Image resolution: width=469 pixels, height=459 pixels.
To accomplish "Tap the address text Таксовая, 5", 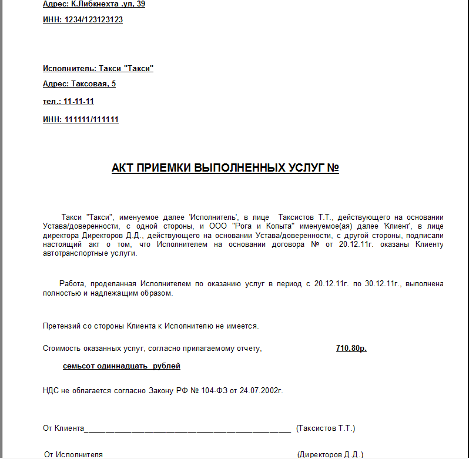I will coord(93,84).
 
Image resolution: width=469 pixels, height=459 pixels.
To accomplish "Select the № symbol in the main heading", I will coord(333,168).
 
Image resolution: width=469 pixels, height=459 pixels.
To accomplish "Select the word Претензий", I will coord(61,326).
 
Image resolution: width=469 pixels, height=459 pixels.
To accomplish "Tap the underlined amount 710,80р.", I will coord(351,349).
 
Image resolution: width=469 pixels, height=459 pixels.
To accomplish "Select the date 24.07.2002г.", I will coord(261,390).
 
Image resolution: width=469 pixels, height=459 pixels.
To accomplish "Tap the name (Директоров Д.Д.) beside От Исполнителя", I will coord(330,454).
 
